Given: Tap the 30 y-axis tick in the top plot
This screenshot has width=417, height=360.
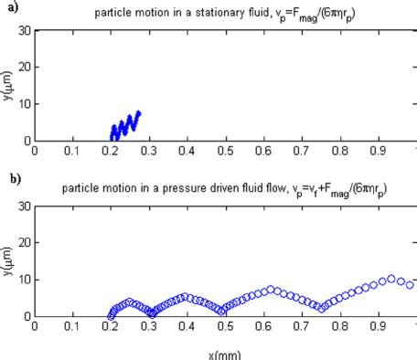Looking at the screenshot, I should (x=24, y=30).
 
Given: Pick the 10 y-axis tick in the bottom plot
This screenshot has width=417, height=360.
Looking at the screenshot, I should (x=24, y=280).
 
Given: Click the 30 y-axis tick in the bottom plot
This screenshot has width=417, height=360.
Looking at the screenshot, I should (x=24, y=206).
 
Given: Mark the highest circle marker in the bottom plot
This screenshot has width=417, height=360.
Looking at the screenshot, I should (x=390, y=279).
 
